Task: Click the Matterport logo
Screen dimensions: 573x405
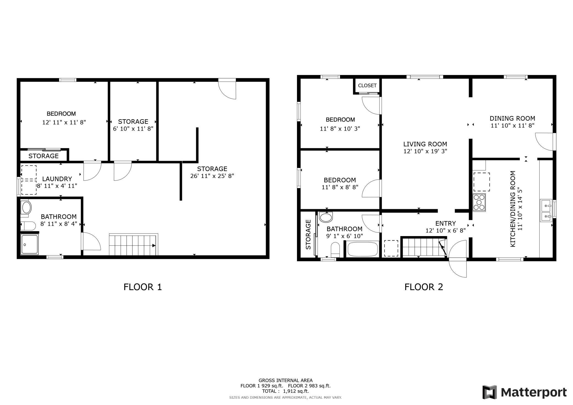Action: coord(525,392)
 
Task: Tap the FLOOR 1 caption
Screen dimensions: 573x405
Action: coord(143,287)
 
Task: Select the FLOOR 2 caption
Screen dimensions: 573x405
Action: coord(424,287)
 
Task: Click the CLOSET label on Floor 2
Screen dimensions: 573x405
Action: coord(367,86)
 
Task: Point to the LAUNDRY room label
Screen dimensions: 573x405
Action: coord(57,179)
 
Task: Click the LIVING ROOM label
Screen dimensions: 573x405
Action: coord(425,144)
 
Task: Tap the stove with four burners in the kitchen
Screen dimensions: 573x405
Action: coord(479,202)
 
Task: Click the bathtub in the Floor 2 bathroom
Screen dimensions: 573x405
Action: coord(363,249)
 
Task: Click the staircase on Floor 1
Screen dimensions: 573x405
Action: coord(134,244)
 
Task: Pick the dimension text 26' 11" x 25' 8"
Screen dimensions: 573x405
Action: coord(212,176)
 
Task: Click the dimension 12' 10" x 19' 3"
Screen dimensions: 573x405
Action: coord(425,151)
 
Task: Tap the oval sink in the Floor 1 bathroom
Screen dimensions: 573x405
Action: coord(26,207)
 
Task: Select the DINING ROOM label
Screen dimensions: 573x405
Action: coord(512,118)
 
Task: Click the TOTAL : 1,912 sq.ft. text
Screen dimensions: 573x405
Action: coord(285,391)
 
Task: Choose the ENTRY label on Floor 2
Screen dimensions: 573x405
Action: coord(445,223)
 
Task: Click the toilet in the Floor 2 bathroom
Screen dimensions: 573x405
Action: coord(335,249)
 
